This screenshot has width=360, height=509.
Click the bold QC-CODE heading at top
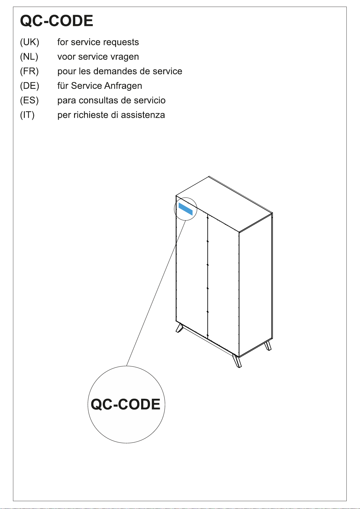57,21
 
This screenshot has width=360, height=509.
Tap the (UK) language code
30,42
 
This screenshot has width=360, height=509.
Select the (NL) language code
29,57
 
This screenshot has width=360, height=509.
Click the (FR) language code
29,71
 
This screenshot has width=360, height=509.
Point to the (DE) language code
30,86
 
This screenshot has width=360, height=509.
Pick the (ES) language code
29,100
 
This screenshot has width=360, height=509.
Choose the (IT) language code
27,115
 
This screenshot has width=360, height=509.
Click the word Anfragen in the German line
123,86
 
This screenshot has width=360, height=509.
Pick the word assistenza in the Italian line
143,115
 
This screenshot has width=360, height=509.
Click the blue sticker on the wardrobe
186,209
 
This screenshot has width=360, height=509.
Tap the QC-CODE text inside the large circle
125,404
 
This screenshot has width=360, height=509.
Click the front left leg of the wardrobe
180,328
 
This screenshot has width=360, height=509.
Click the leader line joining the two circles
156,293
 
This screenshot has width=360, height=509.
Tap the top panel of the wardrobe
224,204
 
